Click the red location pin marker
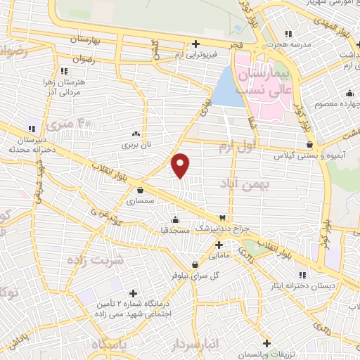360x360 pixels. point(181,165)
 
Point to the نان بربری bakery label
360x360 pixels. point(134,145)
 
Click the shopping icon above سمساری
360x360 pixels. point(141,189)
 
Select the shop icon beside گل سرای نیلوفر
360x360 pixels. point(175,264)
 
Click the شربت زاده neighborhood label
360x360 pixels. point(95,259)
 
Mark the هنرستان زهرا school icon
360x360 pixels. point(64,70)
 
